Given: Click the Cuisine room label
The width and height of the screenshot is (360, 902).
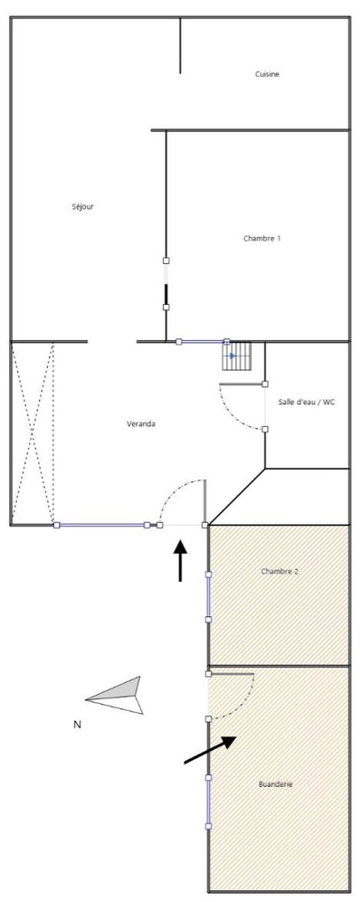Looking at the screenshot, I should pos(267,74).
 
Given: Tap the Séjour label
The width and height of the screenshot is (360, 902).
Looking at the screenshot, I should pos(83,206).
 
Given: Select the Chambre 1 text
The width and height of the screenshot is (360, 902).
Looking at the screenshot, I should pos(262,238).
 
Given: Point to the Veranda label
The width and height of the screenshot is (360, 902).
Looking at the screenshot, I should pos(140,423).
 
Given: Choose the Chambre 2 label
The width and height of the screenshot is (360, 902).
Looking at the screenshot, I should pos(279,571).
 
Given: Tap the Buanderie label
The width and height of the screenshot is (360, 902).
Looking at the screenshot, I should pos(276,784).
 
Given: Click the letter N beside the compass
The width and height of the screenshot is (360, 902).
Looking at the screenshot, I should pos(77,724).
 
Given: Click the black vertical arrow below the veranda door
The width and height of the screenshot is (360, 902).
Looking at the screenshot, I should pos(181,560).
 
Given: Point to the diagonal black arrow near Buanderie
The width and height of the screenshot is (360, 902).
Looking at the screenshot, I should pos(211,750).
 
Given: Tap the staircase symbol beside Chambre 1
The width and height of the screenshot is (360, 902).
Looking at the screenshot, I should pos(237,356).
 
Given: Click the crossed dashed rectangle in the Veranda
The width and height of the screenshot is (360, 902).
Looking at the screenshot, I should pos(33,432).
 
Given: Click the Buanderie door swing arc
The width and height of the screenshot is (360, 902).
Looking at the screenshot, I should pos(233,701).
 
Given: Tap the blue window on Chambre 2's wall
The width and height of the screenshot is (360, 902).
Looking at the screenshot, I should pos(209,597).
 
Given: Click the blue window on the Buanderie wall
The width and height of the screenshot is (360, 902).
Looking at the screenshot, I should pos(209,802).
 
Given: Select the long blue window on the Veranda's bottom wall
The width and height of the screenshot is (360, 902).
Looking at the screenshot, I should pos(101,525).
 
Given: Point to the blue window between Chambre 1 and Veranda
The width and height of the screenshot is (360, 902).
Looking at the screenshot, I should pos(203,342).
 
